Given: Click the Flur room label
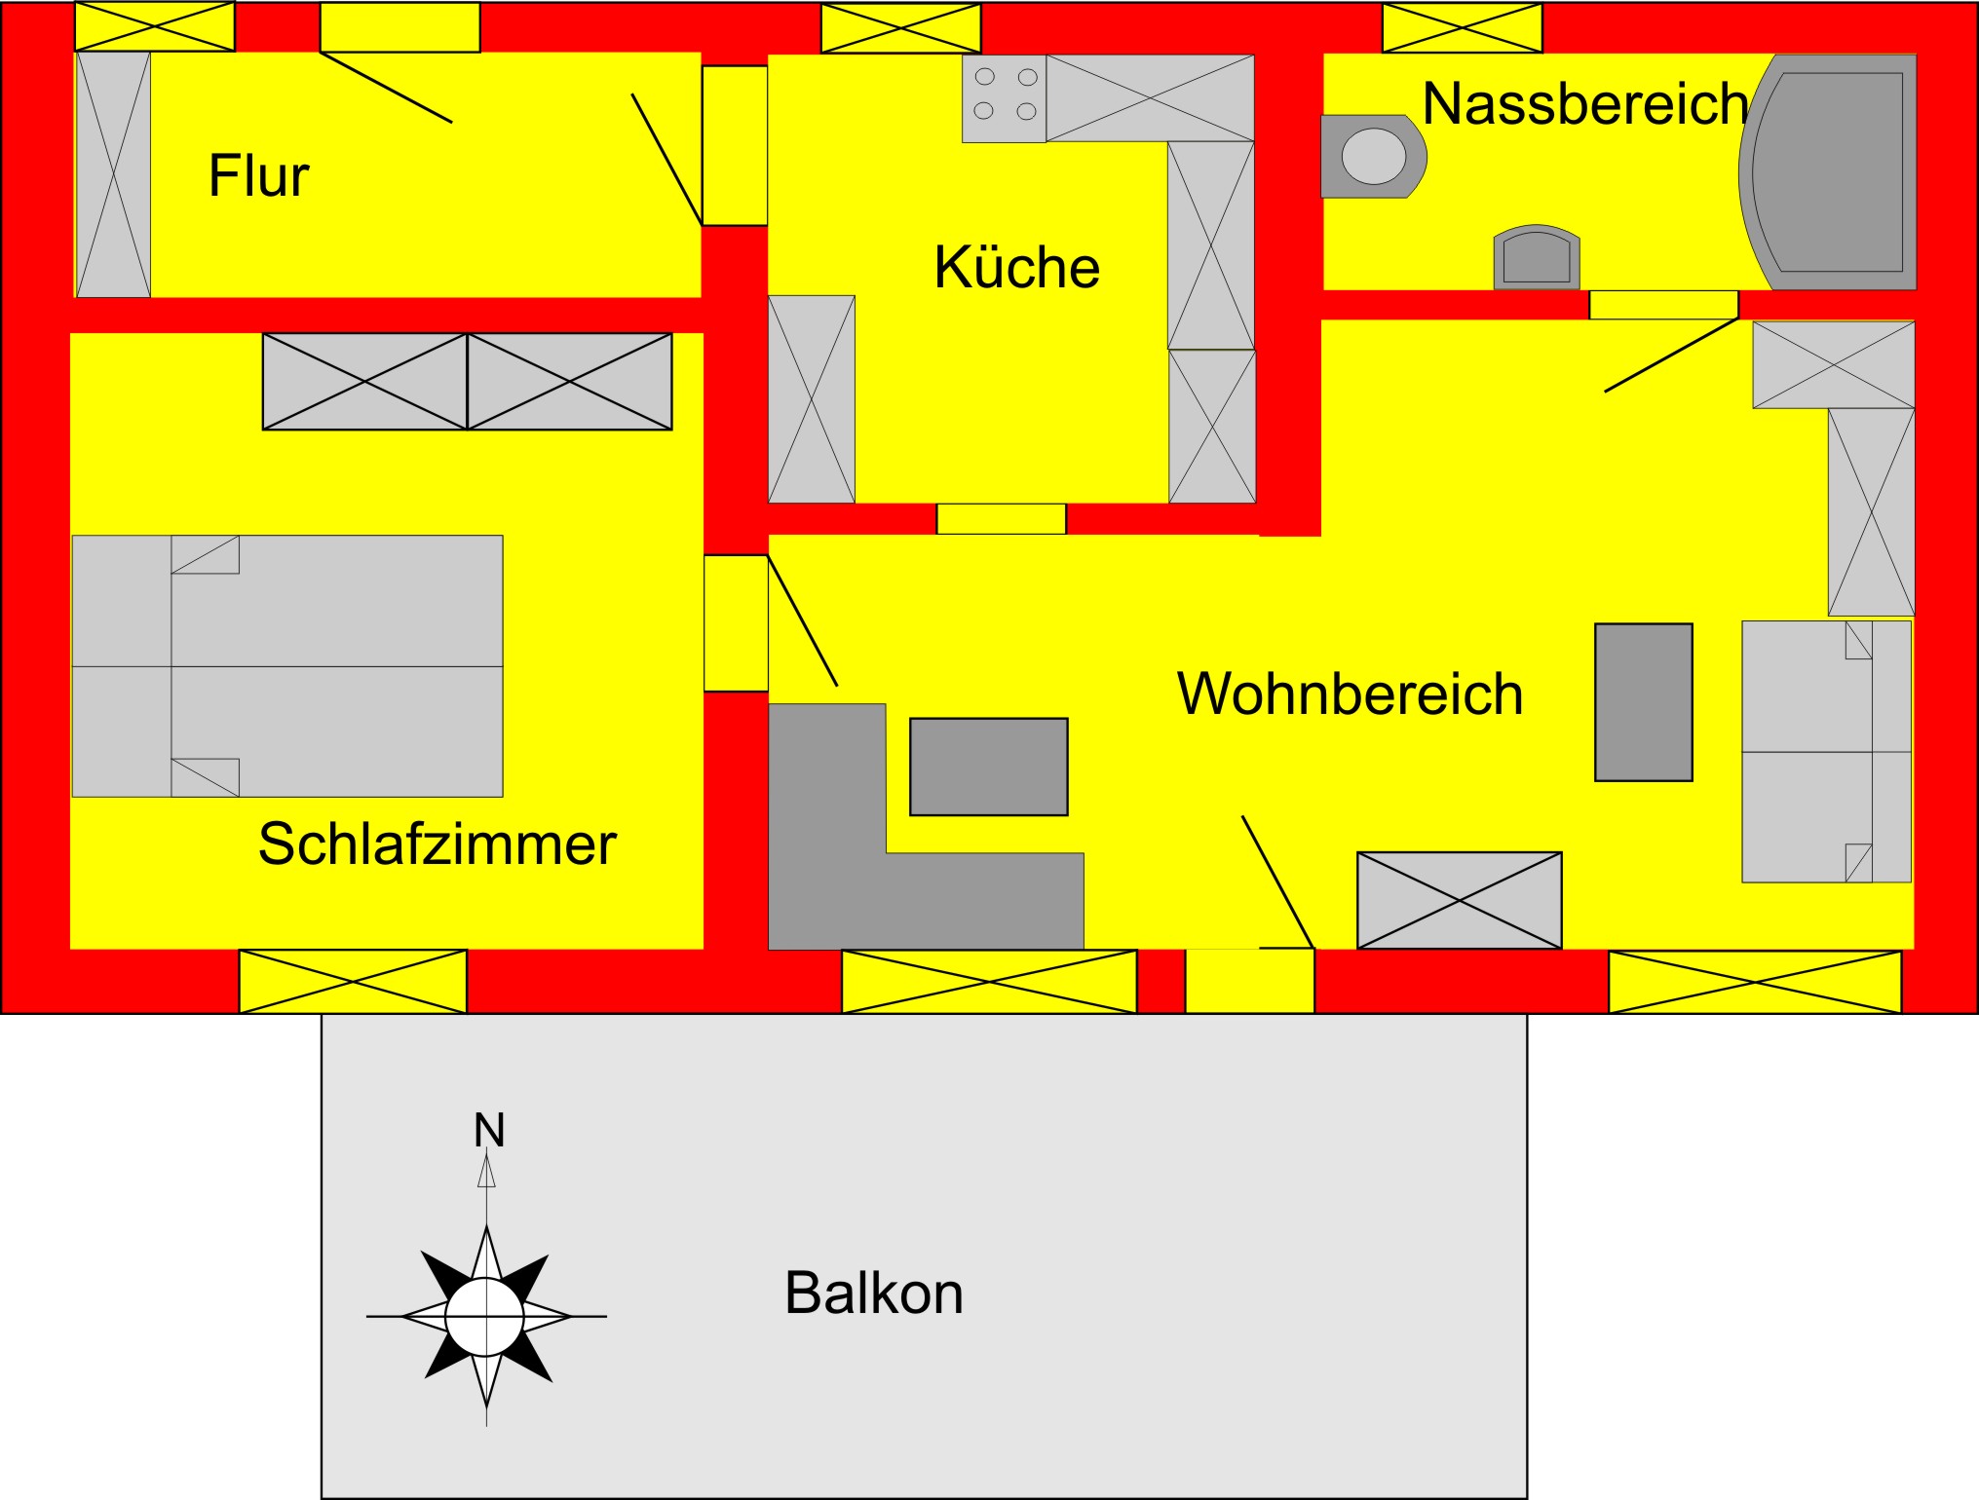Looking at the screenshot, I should pyautogui.click(x=258, y=176).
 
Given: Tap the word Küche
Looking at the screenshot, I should pyautogui.click(x=1016, y=267).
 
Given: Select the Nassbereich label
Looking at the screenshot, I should pyautogui.click(x=1584, y=103).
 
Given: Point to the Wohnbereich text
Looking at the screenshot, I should pyautogui.click(x=1350, y=694).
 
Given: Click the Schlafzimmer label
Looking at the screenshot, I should pyautogui.click(x=437, y=844).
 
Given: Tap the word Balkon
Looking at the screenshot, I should pyautogui.click(x=873, y=1294).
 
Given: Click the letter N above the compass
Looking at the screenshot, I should pyautogui.click(x=488, y=1130).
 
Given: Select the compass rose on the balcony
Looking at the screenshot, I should pyautogui.click(x=485, y=1316).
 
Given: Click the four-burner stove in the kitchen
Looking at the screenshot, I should pyautogui.click(x=1004, y=98).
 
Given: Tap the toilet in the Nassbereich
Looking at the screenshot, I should pyautogui.click(x=1372, y=156).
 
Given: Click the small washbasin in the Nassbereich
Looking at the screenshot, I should pyautogui.click(x=1537, y=259).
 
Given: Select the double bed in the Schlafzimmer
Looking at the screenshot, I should pyautogui.click(x=287, y=665).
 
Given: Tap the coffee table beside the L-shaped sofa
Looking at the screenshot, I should pyautogui.click(x=988, y=767).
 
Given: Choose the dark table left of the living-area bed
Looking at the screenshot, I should pyautogui.click(x=1643, y=701).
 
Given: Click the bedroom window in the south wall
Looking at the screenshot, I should pyautogui.click(x=353, y=981).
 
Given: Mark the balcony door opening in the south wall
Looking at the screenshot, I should pyautogui.click(x=1249, y=981).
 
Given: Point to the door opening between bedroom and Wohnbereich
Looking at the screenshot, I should pyautogui.click(x=736, y=623).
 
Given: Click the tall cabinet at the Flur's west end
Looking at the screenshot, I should pyautogui.click(x=113, y=174).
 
